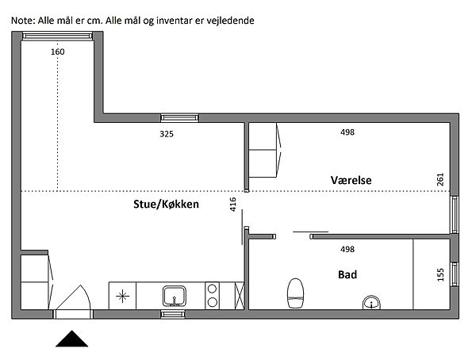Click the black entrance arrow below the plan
click(72, 339)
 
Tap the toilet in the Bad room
click(295, 293)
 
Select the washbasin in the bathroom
click(371, 302)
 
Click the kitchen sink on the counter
click(175, 297)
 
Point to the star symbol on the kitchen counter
click(122, 297)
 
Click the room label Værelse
click(351, 180)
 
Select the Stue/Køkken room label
click(166, 205)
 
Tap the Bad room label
click(347, 274)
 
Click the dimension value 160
click(58, 52)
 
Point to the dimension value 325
click(167, 134)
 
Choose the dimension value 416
click(232, 205)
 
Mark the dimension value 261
click(440, 179)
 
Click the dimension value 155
click(440, 274)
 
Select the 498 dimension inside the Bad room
click(347, 250)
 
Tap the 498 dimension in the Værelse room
click(347, 132)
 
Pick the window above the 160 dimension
click(57, 36)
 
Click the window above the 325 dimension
click(179, 118)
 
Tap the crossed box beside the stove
click(240, 296)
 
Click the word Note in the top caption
click(23, 21)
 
